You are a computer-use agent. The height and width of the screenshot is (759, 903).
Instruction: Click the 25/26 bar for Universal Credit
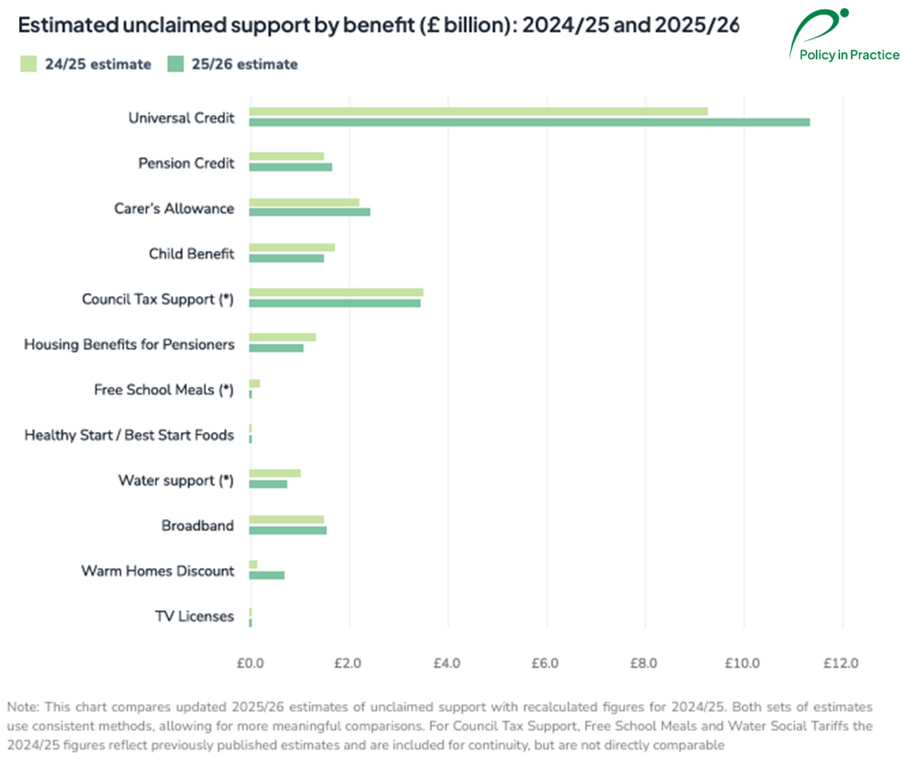coord(529,122)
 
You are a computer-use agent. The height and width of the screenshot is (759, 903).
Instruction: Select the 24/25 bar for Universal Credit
coord(478,111)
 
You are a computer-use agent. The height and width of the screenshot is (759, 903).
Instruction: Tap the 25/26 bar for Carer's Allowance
coord(309,212)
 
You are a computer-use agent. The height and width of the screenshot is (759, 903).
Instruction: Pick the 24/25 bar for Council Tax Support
coord(335,293)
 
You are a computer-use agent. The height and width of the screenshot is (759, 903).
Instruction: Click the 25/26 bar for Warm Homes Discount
coord(267,575)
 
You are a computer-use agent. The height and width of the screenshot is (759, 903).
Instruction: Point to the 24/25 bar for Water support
coord(275,473)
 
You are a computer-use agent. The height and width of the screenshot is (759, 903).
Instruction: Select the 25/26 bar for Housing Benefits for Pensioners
coord(276,348)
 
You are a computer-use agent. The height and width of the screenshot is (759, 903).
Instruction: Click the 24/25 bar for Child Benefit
coord(292,248)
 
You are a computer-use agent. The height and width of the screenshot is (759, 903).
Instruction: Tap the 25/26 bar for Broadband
coord(288,530)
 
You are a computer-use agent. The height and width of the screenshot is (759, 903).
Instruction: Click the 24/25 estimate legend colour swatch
coord(28,64)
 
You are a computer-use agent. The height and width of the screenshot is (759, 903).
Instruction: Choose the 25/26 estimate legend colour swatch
coord(175,64)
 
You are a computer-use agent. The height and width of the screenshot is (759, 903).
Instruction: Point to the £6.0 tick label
coord(545,663)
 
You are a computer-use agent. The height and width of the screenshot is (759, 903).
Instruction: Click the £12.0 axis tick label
coord(840,663)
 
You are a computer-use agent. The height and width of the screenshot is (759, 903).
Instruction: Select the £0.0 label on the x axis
coord(250,663)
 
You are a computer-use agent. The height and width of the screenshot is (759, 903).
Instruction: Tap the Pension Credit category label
coord(186,163)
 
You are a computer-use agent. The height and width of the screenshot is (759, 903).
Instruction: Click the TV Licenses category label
coord(194,616)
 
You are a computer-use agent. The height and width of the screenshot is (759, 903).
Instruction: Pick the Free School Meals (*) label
coord(164,390)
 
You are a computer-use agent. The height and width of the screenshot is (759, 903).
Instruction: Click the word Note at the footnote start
coord(22,707)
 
